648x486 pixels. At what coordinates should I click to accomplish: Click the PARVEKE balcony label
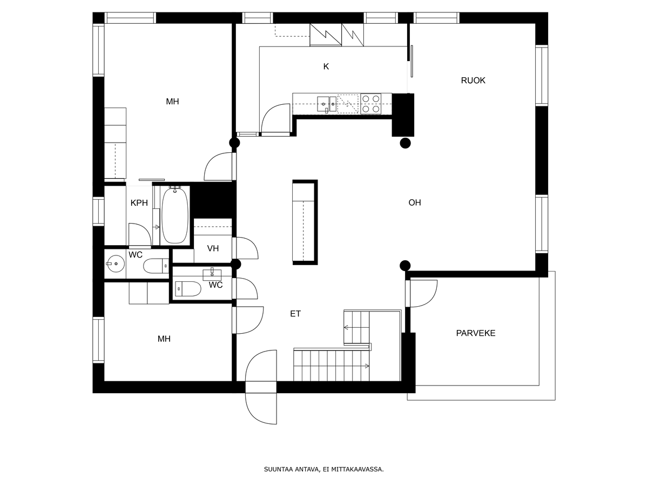(x=475, y=333)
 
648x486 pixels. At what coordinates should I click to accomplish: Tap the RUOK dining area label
(x=473, y=80)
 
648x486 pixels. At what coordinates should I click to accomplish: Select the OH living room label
(x=415, y=202)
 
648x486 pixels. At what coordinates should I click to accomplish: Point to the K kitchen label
(x=326, y=66)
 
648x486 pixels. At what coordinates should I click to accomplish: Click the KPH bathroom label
(x=139, y=203)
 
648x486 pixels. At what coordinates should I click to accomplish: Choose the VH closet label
(x=213, y=248)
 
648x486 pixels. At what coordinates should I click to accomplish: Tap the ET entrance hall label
(x=295, y=314)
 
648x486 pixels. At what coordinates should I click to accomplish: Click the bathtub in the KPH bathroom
(x=175, y=215)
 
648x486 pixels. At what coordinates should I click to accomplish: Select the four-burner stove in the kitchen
(x=371, y=104)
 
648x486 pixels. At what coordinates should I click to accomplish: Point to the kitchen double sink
(x=327, y=104)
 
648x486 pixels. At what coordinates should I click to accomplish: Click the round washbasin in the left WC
(x=116, y=264)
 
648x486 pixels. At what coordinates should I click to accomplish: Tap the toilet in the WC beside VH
(x=188, y=288)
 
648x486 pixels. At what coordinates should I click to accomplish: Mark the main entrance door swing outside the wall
(x=261, y=408)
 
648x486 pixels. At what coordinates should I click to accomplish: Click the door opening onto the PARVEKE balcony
(x=422, y=294)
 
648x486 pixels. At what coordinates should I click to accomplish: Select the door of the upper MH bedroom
(x=219, y=166)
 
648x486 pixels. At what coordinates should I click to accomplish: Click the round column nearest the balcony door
(x=405, y=266)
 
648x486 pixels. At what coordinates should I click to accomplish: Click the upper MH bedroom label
(x=172, y=102)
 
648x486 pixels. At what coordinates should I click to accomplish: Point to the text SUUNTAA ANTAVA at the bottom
(x=292, y=469)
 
